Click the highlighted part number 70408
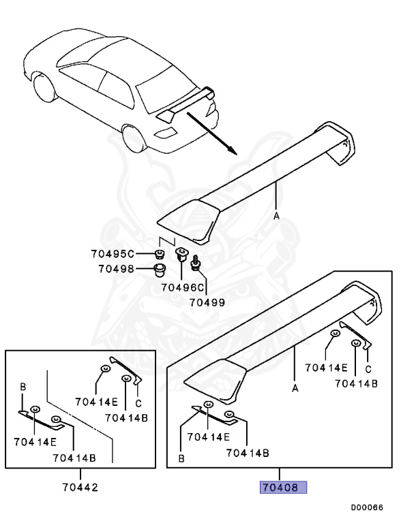[282, 488]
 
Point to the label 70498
[117, 268]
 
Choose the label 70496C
[183, 288]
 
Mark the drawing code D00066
[367, 507]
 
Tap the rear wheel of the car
[134, 140]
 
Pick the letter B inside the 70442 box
[23, 387]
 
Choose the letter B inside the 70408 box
[181, 459]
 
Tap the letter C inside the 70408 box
[368, 369]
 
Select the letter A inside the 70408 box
[295, 388]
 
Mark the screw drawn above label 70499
[195, 261]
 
